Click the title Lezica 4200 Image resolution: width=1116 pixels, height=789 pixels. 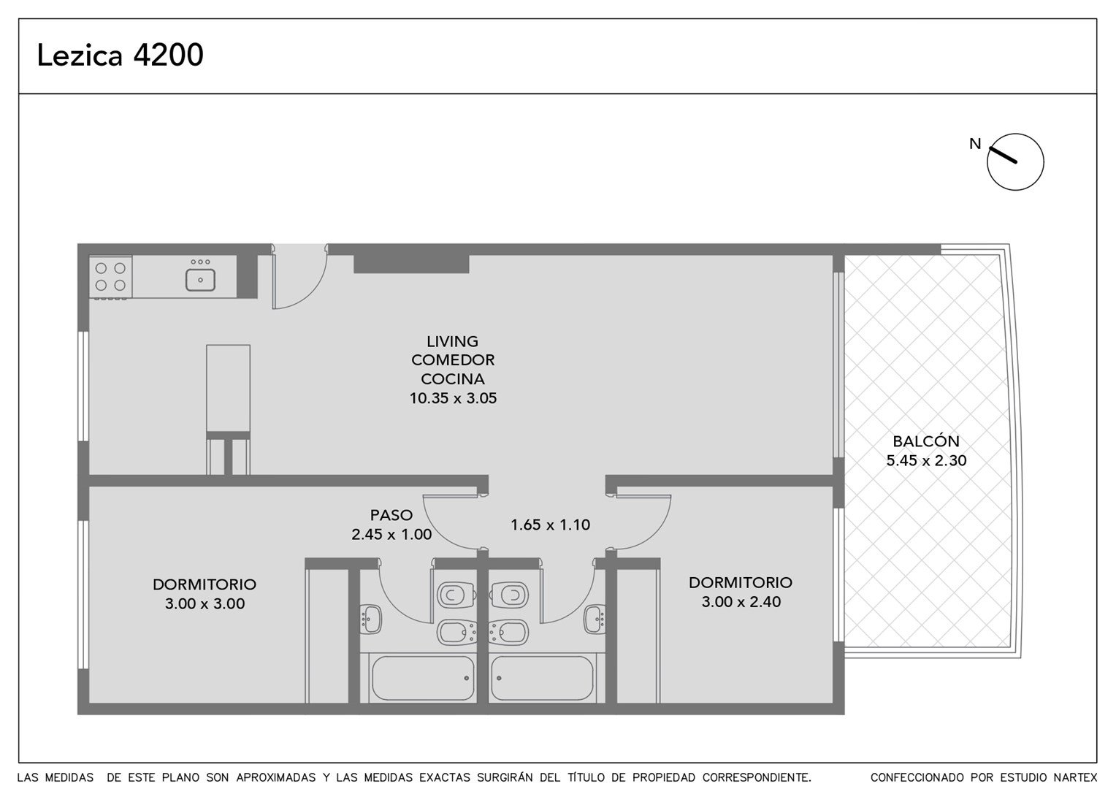(120, 55)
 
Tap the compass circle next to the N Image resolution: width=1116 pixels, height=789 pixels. (1015, 134)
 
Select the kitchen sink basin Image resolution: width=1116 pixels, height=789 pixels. (200, 280)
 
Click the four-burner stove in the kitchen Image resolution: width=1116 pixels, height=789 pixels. (110, 277)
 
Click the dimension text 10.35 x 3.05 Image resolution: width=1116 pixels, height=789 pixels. (453, 398)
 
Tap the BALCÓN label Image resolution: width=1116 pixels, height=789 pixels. (925, 441)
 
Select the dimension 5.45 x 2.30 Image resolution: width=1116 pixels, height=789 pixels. (926, 460)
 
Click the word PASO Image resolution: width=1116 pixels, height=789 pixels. (391, 515)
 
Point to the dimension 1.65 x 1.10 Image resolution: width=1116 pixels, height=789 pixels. (550, 525)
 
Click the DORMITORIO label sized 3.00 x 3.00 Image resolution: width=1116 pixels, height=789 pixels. (205, 584)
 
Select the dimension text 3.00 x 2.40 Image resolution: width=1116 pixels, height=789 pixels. (741, 601)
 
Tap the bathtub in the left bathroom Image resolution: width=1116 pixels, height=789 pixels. (423, 678)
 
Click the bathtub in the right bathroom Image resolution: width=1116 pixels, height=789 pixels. (541, 678)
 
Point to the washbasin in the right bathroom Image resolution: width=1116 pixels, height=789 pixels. (595, 619)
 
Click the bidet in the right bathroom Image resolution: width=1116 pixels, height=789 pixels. (508, 633)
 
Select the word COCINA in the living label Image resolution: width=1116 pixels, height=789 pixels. (452, 379)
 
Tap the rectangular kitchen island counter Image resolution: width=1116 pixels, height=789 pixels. (228, 388)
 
